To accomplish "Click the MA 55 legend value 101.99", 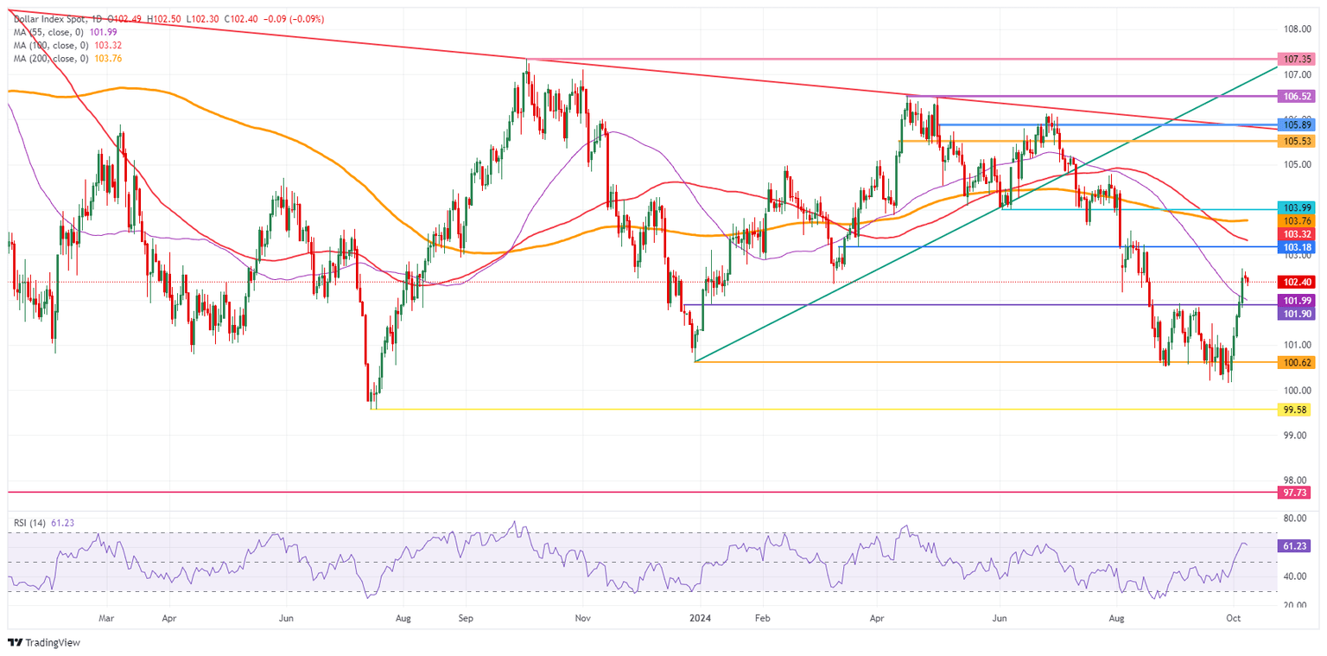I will point(102,32).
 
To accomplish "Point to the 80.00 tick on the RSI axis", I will point(1294,519).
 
